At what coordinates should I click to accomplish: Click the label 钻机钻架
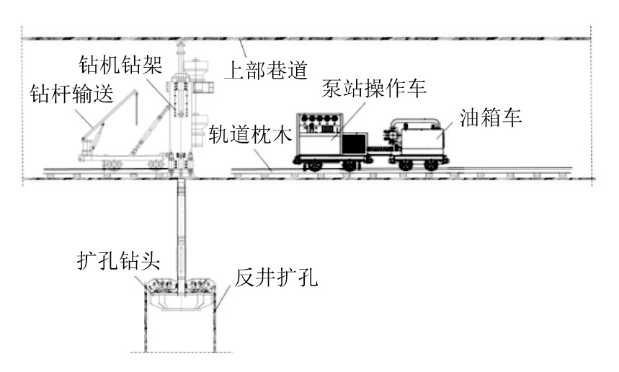click(x=121, y=64)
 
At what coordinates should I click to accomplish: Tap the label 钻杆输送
click(x=72, y=94)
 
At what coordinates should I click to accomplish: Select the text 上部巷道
click(x=266, y=71)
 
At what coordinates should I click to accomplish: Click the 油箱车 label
click(x=491, y=117)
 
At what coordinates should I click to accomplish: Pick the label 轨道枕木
click(x=250, y=134)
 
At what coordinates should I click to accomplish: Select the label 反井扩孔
click(x=276, y=278)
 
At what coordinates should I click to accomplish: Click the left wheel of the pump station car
click(x=312, y=164)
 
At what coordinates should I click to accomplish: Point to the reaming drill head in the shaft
click(x=181, y=294)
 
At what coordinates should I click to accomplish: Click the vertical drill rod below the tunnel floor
click(x=181, y=229)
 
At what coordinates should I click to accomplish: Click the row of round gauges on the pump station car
click(x=321, y=118)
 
